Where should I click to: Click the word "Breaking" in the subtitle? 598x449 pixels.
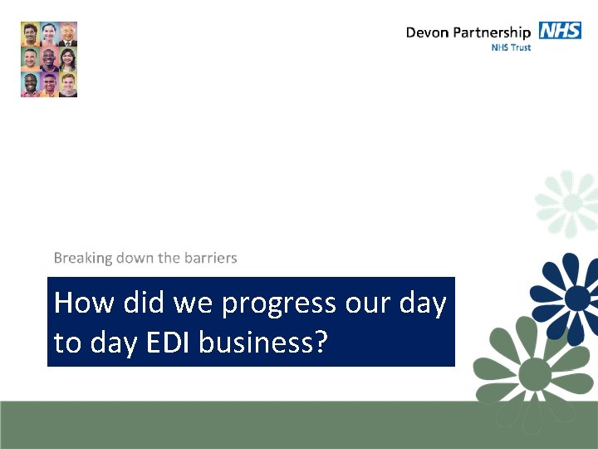[82, 258]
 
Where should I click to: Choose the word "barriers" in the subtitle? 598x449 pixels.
[210, 258]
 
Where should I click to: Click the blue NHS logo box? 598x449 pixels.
[560, 31]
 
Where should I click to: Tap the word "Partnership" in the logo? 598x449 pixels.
[493, 33]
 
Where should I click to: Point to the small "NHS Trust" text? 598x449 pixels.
[511, 47]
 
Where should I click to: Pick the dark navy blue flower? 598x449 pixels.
[575, 297]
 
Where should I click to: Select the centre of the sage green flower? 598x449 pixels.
[536, 371]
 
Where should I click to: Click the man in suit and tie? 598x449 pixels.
[68, 34]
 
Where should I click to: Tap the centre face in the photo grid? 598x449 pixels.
[49, 60]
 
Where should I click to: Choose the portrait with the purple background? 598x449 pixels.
[49, 84]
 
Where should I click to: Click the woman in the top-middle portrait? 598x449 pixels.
[49, 34]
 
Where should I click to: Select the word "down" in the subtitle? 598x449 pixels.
[135, 258]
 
